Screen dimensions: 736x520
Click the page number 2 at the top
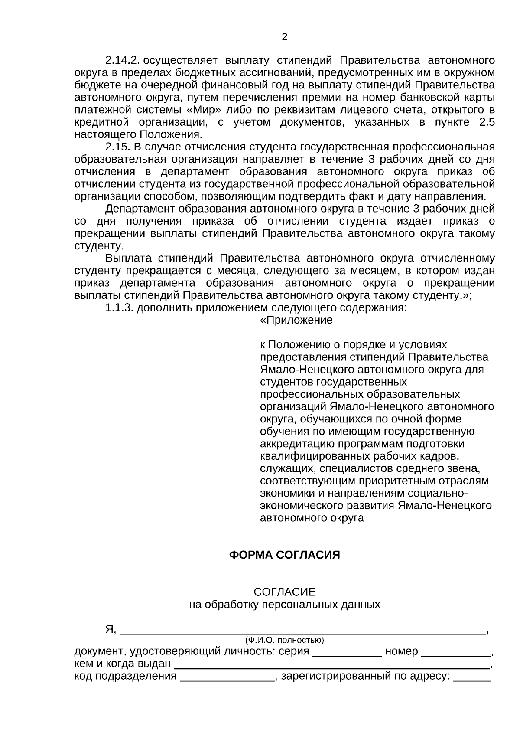pyautogui.click(x=284, y=37)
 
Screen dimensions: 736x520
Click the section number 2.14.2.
pyautogui.click(x=123, y=59)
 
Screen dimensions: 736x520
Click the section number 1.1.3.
pyautogui.click(x=120, y=308)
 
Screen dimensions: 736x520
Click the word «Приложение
pyautogui.click(x=296, y=321)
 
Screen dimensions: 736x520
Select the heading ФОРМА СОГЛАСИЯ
pyautogui.click(x=284, y=555)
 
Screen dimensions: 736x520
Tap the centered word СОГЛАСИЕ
pyautogui.click(x=284, y=592)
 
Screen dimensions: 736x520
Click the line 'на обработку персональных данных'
pyautogui.click(x=284, y=605)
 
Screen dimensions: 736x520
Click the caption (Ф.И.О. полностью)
pyautogui.click(x=284, y=640)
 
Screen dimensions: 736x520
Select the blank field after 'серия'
pyautogui.click(x=347, y=652)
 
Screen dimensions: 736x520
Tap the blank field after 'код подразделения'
pyautogui.click(x=227, y=677)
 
